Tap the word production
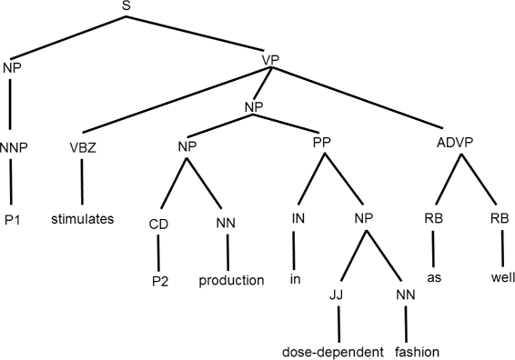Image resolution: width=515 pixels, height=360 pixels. (x=231, y=280)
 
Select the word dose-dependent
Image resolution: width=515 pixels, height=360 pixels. (x=338, y=351)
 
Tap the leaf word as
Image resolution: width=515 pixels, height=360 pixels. (x=435, y=280)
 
